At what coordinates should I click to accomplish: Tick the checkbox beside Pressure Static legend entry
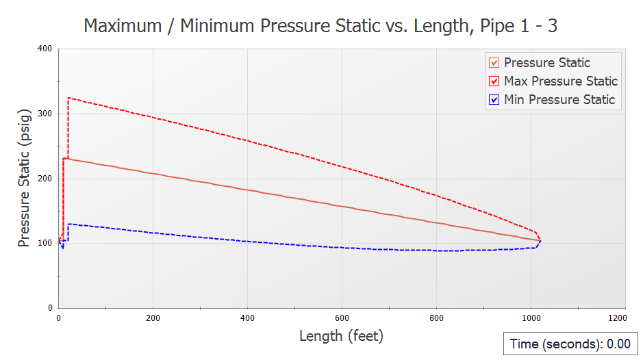coord(494,63)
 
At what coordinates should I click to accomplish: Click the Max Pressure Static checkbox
coord(494,81)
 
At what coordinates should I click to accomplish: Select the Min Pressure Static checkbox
coord(494,100)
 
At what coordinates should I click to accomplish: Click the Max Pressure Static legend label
coord(560,81)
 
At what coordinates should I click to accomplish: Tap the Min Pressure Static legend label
coord(559,100)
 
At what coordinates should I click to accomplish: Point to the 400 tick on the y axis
coord(45,49)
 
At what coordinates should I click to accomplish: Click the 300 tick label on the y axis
coord(45,114)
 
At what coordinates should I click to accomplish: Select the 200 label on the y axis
coord(45,179)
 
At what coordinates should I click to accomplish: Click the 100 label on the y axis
coord(45,243)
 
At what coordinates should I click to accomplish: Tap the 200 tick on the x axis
coord(153,318)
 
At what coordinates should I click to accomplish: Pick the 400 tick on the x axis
coord(247,318)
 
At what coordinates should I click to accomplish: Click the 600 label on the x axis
coord(342,318)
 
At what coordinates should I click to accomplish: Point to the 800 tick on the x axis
coord(436,318)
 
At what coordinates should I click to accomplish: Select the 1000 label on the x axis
coord(530,318)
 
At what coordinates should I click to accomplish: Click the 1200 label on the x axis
coord(616,318)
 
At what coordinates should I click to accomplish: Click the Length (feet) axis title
coord(341,336)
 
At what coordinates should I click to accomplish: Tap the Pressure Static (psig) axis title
coord(24,178)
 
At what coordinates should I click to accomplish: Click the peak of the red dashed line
coord(68,98)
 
